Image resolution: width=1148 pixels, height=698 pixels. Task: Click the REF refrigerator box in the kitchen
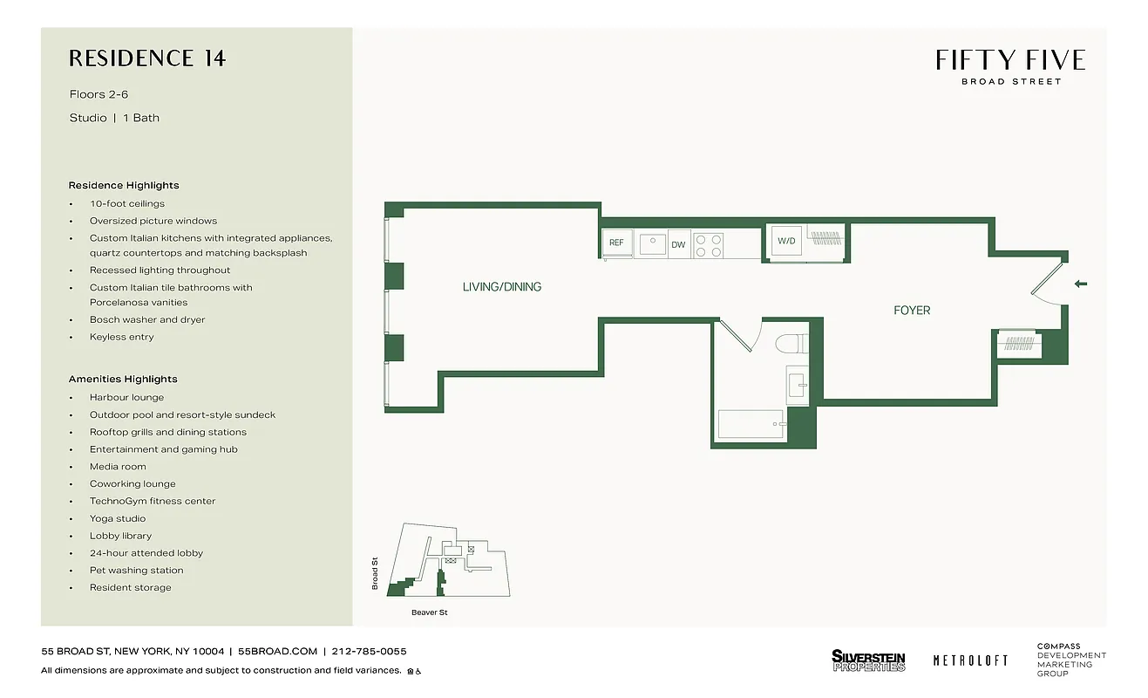(616, 243)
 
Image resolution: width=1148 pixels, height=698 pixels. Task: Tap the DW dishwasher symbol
(678, 245)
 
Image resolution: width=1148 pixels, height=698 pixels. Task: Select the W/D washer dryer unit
(786, 241)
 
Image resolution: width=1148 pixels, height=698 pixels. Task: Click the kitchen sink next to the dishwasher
(652, 244)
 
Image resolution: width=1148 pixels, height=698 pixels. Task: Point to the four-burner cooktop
(708, 245)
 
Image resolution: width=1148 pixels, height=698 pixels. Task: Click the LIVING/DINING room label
(501, 287)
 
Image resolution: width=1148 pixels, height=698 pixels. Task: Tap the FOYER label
(912, 311)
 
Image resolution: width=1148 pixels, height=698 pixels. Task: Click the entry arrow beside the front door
(1082, 284)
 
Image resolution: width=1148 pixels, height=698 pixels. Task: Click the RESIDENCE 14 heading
(147, 58)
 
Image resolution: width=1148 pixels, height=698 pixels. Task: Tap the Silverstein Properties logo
(868, 660)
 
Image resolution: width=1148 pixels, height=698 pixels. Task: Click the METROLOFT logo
(970, 660)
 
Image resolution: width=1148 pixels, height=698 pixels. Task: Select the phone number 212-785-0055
(370, 652)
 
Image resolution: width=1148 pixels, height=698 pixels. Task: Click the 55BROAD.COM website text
(277, 652)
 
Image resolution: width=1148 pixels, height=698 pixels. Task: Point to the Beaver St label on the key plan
(429, 612)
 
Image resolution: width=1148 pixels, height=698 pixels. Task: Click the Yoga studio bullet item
(118, 518)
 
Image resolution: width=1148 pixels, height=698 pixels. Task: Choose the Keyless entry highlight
(121, 337)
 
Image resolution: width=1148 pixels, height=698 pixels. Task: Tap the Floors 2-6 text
(98, 94)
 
